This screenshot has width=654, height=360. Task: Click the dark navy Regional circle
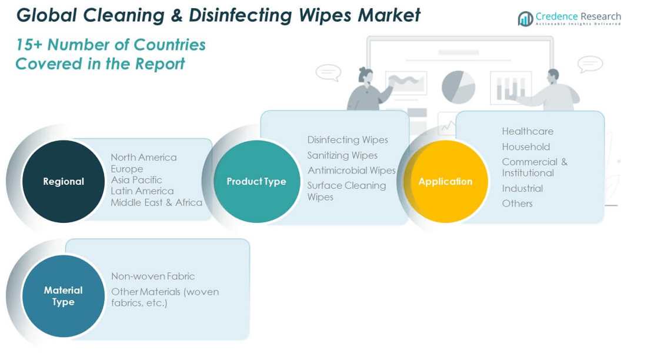(64, 181)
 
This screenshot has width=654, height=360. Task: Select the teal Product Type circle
(256, 181)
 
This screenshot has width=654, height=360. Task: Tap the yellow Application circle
(445, 181)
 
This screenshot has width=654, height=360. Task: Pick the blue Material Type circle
(64, 296)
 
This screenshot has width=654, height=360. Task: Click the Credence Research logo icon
(525, 18)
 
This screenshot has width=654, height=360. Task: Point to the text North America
(144, 157)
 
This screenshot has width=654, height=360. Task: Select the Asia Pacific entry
(136, 180)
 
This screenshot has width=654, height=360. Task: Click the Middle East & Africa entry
(156, 202)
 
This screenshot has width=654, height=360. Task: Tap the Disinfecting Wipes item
(348, 140)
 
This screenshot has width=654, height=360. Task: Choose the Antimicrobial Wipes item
(351, 170)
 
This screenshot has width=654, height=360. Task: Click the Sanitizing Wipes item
(342, 155)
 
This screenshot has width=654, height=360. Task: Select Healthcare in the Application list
(528, 131)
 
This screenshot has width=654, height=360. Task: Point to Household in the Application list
(526, 147)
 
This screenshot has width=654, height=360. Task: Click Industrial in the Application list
(522, 189)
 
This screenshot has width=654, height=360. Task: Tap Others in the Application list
(517, 204)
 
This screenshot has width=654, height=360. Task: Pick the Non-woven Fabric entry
(153, 276)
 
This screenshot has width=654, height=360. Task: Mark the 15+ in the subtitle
(29, 45)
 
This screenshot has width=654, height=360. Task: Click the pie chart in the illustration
(458, 87)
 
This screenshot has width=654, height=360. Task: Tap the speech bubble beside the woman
(328, 72)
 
